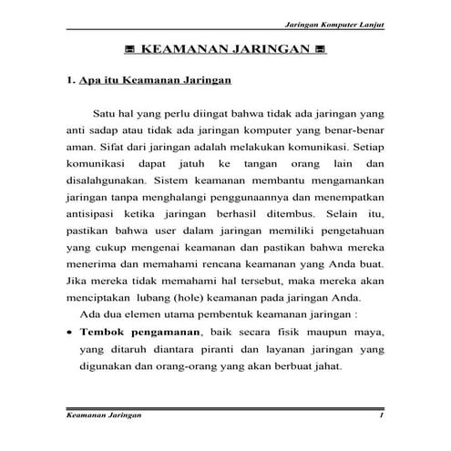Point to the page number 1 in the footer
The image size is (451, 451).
[382, 416]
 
